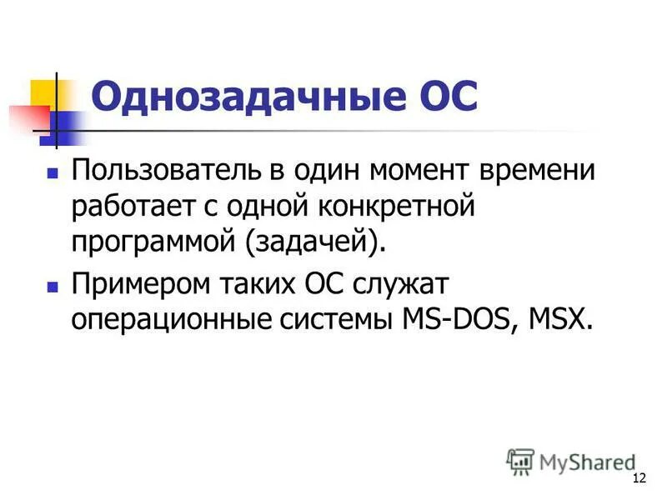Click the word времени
click(x=547, y=172)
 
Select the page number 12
click(x=640, y=477)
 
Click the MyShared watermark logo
click(x=570, y=460)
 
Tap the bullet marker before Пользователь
click(x=52, y=175)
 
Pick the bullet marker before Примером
click(x=52, y=286)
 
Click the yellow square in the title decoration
click(x=43, y=92)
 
